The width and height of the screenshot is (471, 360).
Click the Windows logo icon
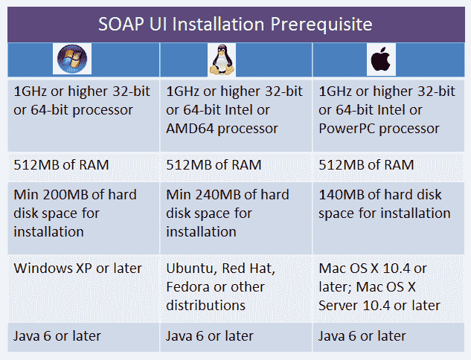pyautogui.click(x=72, y=59)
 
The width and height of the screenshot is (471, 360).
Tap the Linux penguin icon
pyautogui.click(x=222, y=60)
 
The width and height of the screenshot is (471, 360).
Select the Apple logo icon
pyautogui.click(x=381, y=59)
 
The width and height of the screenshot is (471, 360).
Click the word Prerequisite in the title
pyautogui.click(x=321, y=25)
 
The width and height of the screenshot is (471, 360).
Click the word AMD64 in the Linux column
pyautogui.click(x=190, y=129)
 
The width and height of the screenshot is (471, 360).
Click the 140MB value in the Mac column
pyautogui.click(x=342, y=195)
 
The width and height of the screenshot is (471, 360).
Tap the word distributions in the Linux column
pyautogui.click(x=206, y=306)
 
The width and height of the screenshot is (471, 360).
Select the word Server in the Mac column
pyautogui.click(x=339, y=306)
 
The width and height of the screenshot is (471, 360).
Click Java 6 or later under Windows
pyautogui.click(x=57, y=336)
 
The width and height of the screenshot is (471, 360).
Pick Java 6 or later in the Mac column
pyautogui.click(x=362, y=336)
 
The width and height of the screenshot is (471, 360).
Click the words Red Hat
pyautogui.click(x=249, y=269)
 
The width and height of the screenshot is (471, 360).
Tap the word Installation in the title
pyautogui.click(x=218, y=24)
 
